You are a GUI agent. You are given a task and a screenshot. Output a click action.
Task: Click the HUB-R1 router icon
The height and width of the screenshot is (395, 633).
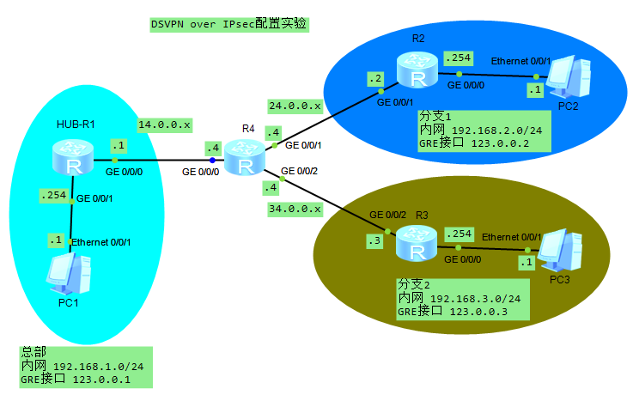click(73, 158)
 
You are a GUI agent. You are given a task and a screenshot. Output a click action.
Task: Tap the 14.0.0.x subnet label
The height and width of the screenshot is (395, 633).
click(164, 124)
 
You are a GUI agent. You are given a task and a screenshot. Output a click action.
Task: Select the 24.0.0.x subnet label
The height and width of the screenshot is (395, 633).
click(295, 106)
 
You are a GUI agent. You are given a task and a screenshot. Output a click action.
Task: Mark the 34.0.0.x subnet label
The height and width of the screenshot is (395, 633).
click(295, 209)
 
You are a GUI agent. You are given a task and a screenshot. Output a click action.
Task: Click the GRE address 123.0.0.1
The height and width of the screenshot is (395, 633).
click(101, 378)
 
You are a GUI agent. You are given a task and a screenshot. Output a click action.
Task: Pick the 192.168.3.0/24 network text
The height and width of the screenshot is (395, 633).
click(476, 298)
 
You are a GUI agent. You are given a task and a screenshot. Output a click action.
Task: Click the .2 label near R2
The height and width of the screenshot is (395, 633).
click(375, 79)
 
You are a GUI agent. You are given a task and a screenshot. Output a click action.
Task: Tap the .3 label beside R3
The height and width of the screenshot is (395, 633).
click(374, 242)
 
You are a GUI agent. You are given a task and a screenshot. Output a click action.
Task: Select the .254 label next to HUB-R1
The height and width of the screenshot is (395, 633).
click(53, 196)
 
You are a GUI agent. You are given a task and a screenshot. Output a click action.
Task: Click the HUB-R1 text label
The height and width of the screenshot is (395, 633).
click(74, 124)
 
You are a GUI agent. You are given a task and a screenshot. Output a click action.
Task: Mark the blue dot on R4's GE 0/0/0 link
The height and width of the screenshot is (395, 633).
click(212, 160)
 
